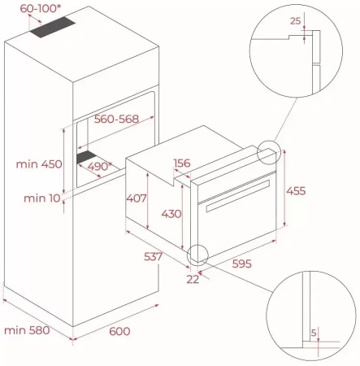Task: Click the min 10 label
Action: coord(41,198)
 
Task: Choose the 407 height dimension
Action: coord(137,198)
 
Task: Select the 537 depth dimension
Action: coord(154,257)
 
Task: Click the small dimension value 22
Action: coord(192,280)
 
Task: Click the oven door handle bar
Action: coord(235,206)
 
